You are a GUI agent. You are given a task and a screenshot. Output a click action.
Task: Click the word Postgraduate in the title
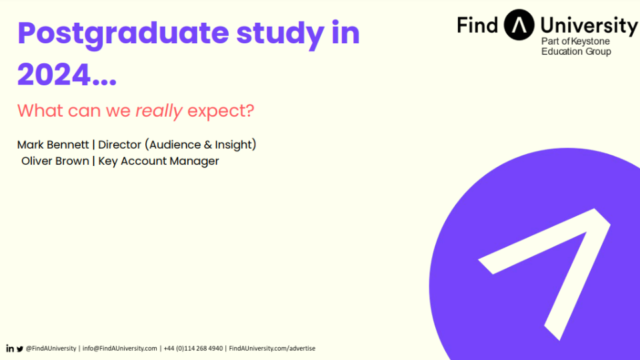[123, 34]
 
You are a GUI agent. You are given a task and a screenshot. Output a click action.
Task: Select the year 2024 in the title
[53, 75]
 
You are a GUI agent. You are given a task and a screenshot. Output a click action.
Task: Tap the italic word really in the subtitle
[159, 111]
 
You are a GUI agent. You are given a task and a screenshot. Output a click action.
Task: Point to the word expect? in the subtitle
[221, 111]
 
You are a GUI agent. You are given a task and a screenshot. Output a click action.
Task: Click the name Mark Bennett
[53, 145]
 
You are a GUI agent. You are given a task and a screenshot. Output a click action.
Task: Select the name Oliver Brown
[55, 161]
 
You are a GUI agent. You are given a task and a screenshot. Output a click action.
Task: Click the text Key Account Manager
[159, 161]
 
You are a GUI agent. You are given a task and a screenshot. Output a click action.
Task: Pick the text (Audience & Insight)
[201, 145]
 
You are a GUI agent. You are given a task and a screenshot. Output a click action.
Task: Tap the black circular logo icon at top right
[519, 25]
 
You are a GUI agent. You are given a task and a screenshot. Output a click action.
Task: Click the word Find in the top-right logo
[477, 25]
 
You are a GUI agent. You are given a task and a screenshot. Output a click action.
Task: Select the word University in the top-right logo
[589, 26]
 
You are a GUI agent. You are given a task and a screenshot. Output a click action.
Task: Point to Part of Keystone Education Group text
[576, 46]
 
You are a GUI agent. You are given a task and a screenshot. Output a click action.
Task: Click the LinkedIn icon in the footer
[10, 349]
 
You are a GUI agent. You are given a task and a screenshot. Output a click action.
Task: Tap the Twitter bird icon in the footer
[19, 349]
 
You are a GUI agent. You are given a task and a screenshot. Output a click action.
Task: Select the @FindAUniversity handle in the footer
[51, 349]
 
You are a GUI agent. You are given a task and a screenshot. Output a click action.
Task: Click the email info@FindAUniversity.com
[119, 349]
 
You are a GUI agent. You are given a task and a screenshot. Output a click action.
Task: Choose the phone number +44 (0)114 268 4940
[193, 349]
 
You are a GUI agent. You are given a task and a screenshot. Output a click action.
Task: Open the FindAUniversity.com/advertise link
[272, 349]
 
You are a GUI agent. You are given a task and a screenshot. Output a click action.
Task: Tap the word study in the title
[280, 34]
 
